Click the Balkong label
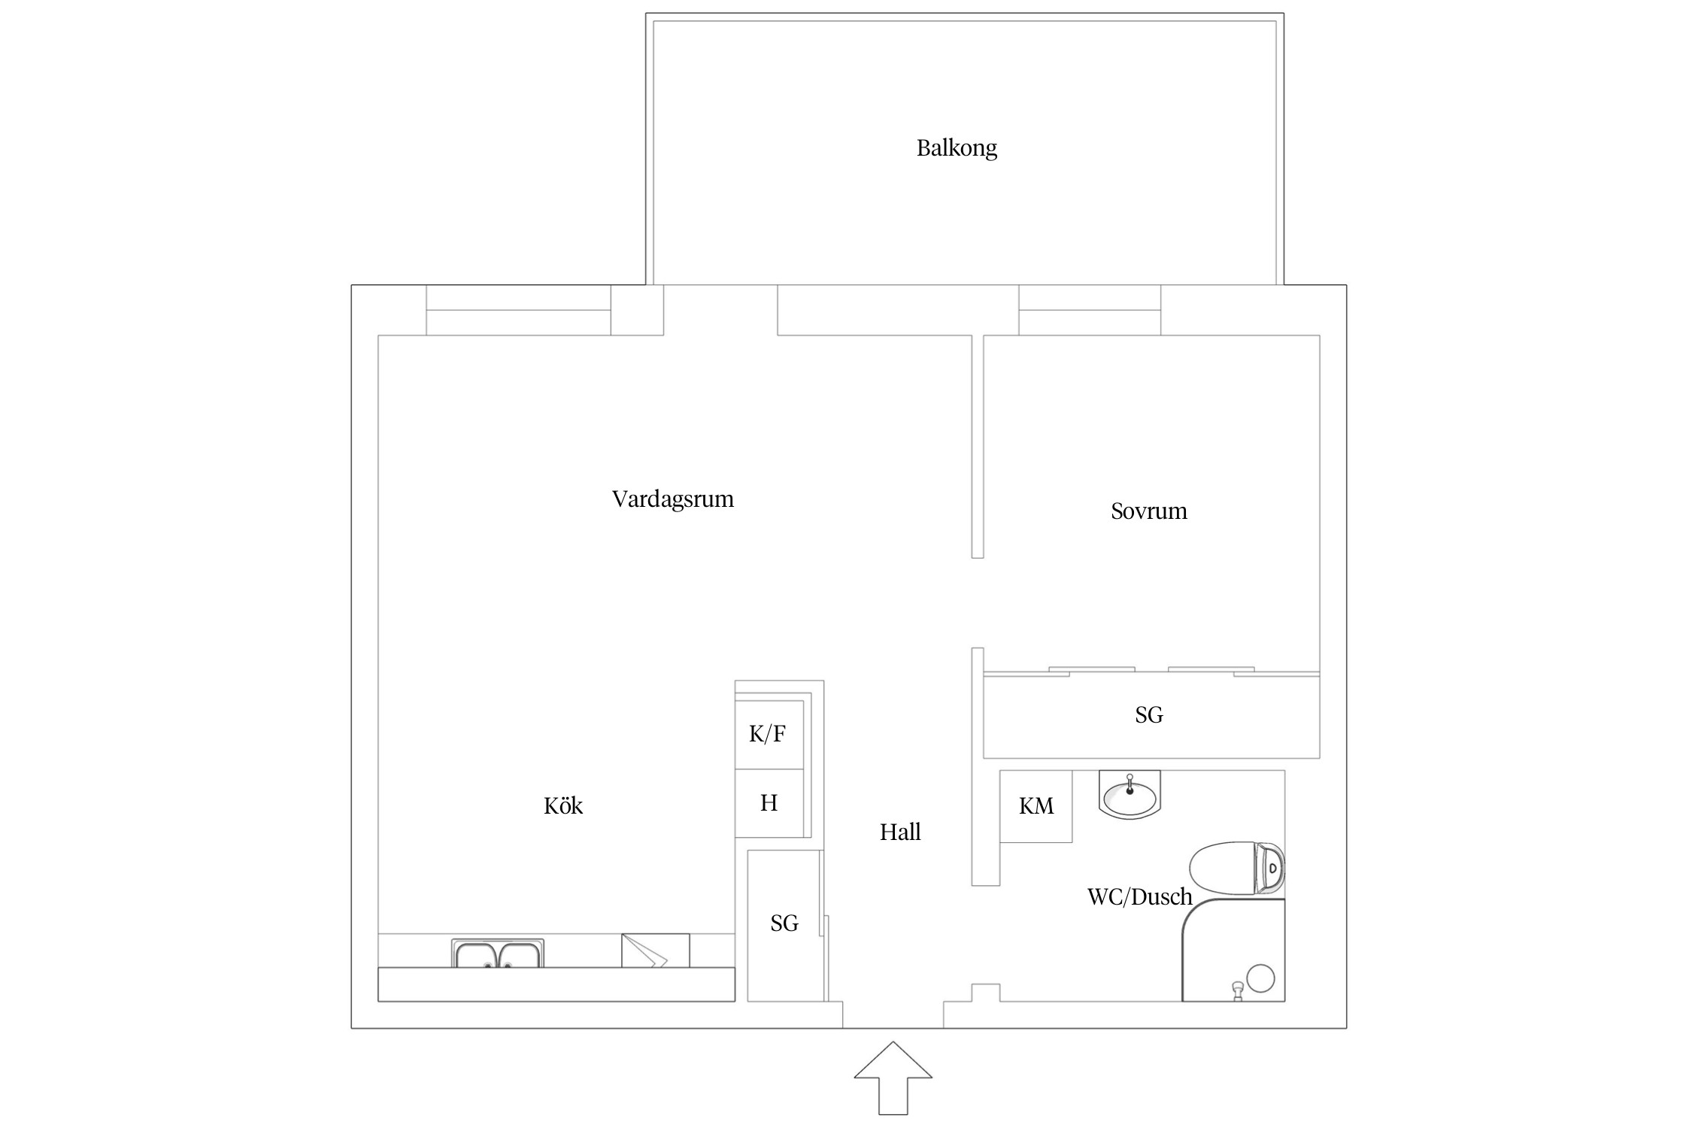pyautogui.click(x=956, y=148)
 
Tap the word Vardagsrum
pyautogui.click(x=672, y=499)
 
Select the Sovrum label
pyautogui.click(x=1148, y=511)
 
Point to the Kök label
pyautogui.click(x=562, y=806)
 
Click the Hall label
pyautogui.click(x=899, y=832)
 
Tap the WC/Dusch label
pyautogui.click(x=1139, y=896)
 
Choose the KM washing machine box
pyautogui.click(x=1036, y=806)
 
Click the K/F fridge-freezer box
pyautogui.click(x=768, y=734)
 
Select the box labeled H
pyautogui.click(x=769, y=803)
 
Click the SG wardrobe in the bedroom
pyautogui.click(x=1150, y=715)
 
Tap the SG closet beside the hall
pyautogui.click(x=784, y=924)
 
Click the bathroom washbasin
pyautogui.click(x=1129, y=794)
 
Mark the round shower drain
pyautogui.click(x=1260, y=978)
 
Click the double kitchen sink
pyautogui.click(x=497, y=954)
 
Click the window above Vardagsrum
pyautogui.click(x=518, y=310)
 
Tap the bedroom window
pyautogui.click(x=1089, y=310)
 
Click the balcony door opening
pyautogui.click(x=720, y=310)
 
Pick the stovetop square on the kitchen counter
pyautogui.click(x=655, y=951)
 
